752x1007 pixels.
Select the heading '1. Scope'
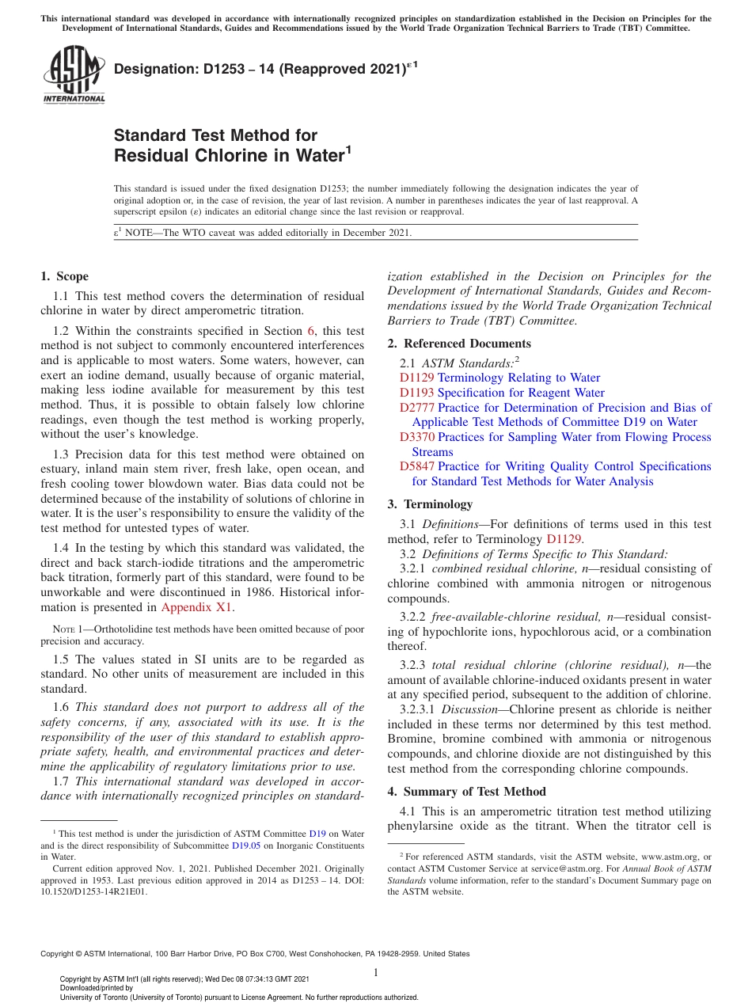pyautogui.click(x=64, y=276)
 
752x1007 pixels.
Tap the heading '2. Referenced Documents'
pyautogui.click(x=459, y=344)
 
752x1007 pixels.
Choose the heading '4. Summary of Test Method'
pyautogui.click(x=467, y=792)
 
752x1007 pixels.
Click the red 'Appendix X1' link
pyautogui.click(x=197, y=608)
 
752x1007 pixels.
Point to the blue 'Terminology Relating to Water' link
pyautogui.click(x=518, y=378)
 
